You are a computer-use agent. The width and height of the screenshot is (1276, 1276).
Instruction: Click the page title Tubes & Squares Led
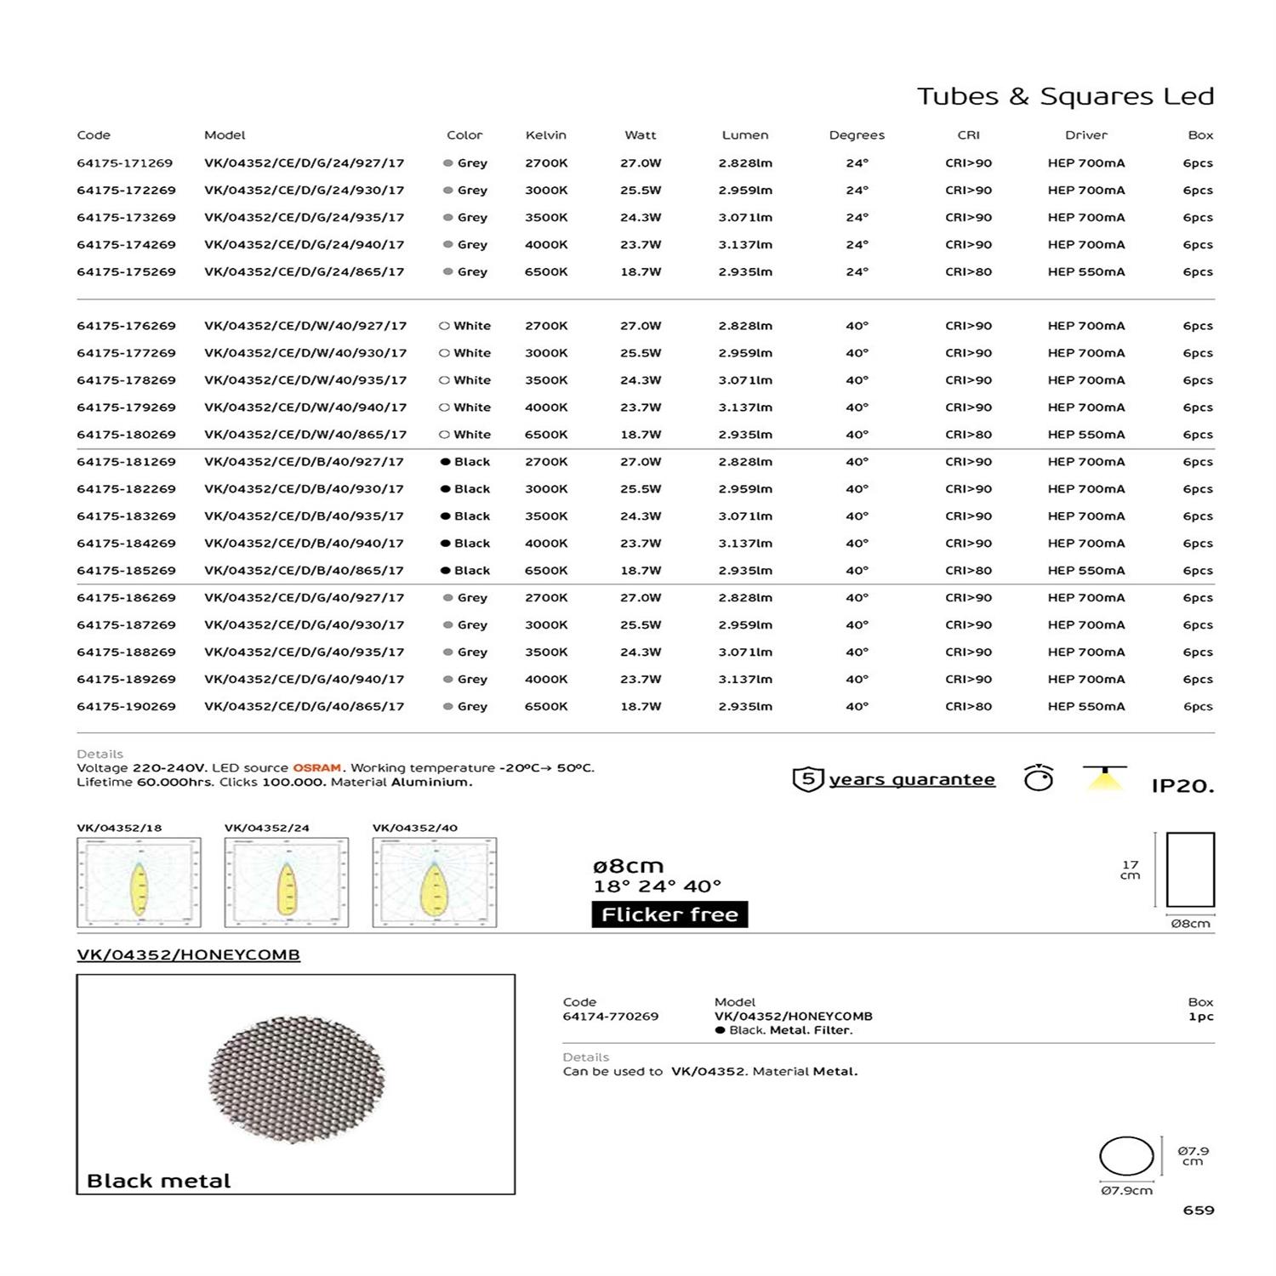(1065, 96)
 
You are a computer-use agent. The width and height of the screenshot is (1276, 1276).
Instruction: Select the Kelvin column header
(545, 135)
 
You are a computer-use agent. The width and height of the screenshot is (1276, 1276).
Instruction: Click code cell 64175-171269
(126, 162)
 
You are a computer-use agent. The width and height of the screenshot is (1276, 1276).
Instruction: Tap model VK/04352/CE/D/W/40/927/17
(305, 326)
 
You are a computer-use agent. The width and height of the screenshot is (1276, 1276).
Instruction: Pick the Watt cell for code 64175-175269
(641, 272)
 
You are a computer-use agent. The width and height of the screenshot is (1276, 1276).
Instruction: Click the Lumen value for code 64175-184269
(745, 544)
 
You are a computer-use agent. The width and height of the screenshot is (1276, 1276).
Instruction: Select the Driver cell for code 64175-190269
(1085, 707)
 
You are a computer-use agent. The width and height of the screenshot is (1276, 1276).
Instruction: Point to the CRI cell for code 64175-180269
(968, 435)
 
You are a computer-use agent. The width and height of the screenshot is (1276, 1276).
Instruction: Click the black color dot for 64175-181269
(445, 462)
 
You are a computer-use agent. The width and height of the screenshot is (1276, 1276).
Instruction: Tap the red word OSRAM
(316, 768)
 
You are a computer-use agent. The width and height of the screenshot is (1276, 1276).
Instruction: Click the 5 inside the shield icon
(808, 778)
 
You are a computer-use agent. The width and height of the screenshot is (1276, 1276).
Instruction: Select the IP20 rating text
(1182, 786)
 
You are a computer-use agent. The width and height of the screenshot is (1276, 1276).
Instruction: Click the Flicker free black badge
(669, 914)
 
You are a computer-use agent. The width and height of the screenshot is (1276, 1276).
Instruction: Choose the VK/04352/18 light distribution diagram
(139, 882)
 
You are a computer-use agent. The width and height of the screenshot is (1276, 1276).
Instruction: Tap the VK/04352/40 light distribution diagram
(435, 882)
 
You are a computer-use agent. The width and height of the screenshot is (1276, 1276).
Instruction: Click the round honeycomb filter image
(296, 1079)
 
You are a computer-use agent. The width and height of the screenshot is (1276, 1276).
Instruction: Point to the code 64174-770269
(610, 1017)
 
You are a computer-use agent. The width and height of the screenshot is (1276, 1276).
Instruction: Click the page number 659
(1198, 1210)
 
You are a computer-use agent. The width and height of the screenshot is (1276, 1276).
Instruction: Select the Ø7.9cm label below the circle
(1126, 1191)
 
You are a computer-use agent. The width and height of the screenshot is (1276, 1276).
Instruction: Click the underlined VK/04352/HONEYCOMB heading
(188, 955)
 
